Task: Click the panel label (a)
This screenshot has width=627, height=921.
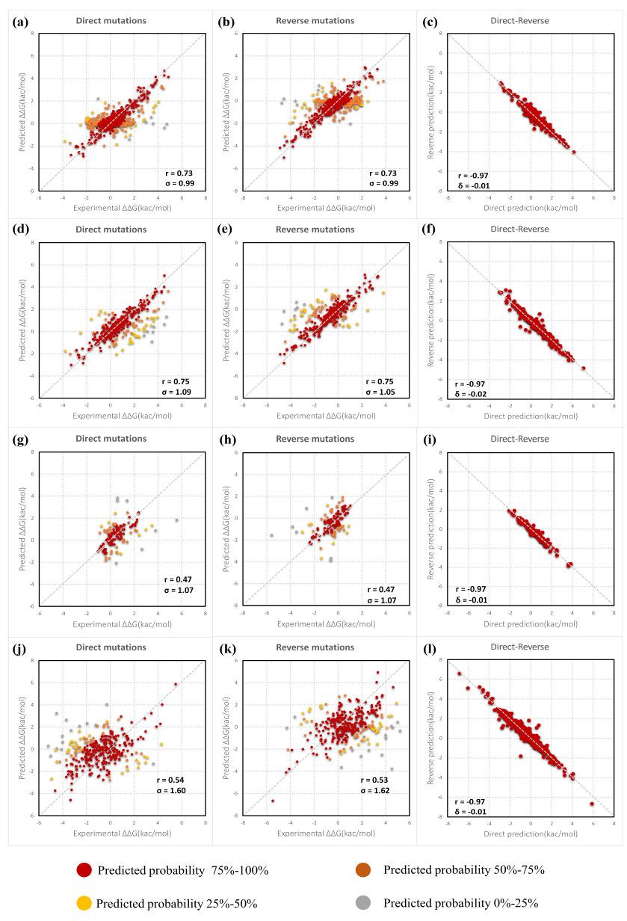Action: coord(22,22)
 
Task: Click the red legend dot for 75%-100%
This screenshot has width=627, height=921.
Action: coord(84,870)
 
